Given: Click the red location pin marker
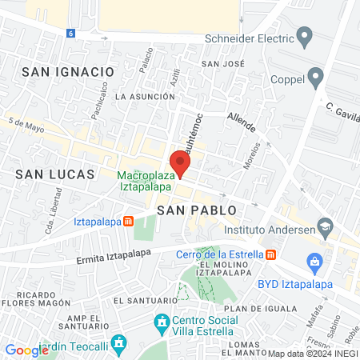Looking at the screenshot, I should point(180,163).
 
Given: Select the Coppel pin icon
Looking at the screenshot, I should point(316,78).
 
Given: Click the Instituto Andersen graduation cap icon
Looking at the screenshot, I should point(325,227).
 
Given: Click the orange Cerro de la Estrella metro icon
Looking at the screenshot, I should point(270,254).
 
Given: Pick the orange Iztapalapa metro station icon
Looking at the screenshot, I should point(128,222).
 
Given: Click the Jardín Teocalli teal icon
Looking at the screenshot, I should point(119,345).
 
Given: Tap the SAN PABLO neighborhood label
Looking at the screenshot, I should point(197,210).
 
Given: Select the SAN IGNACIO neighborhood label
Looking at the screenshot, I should point(68,71).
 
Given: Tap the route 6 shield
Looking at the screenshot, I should point(70,34).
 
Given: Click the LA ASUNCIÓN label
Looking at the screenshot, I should point(145,96).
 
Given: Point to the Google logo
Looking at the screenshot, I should point(26,350).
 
